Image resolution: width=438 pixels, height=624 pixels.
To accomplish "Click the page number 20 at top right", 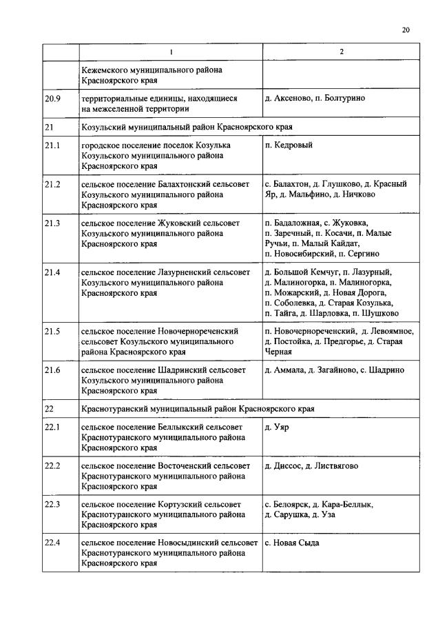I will coord(406,30).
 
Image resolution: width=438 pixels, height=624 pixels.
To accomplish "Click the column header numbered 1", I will coord(170,53).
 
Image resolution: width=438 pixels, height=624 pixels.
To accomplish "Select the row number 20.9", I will coord(53,99).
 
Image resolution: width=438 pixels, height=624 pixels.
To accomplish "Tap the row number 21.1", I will coord(53,145).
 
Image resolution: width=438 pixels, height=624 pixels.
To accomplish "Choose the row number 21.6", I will coord(53,370).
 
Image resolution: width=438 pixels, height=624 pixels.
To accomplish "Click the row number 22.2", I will coord(53,466).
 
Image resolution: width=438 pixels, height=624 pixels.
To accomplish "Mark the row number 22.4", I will coord(53,543).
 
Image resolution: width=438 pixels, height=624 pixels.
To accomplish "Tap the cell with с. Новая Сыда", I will coord(292,543).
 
